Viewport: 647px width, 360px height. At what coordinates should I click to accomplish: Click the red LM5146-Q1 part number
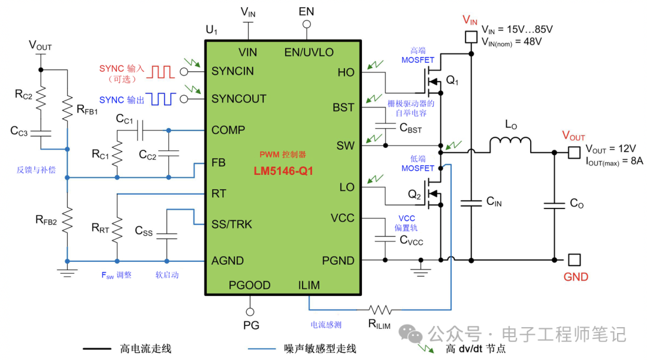[283, 171]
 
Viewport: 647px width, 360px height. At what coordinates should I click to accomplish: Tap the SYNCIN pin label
[232, 71]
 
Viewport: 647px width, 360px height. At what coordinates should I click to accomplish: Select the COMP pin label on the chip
[228, 130]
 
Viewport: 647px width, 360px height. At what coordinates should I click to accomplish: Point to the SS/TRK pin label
[232, 225]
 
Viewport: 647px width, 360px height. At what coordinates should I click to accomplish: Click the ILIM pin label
[309, 285]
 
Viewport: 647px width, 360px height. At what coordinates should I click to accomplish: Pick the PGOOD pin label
[249, 285]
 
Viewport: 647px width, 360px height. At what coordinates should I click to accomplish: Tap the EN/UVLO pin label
[309, 52]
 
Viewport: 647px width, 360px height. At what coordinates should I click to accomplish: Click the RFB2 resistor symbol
[68, 221]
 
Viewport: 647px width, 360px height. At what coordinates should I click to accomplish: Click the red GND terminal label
[576, 277]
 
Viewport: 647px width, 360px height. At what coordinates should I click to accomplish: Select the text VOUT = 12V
[610, 149]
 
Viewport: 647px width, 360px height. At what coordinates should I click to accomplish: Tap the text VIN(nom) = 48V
[512, 41]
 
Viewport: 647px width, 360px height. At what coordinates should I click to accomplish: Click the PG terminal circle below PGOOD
[250, 311]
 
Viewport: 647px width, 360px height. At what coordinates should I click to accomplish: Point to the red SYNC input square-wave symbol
[161, 72]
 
